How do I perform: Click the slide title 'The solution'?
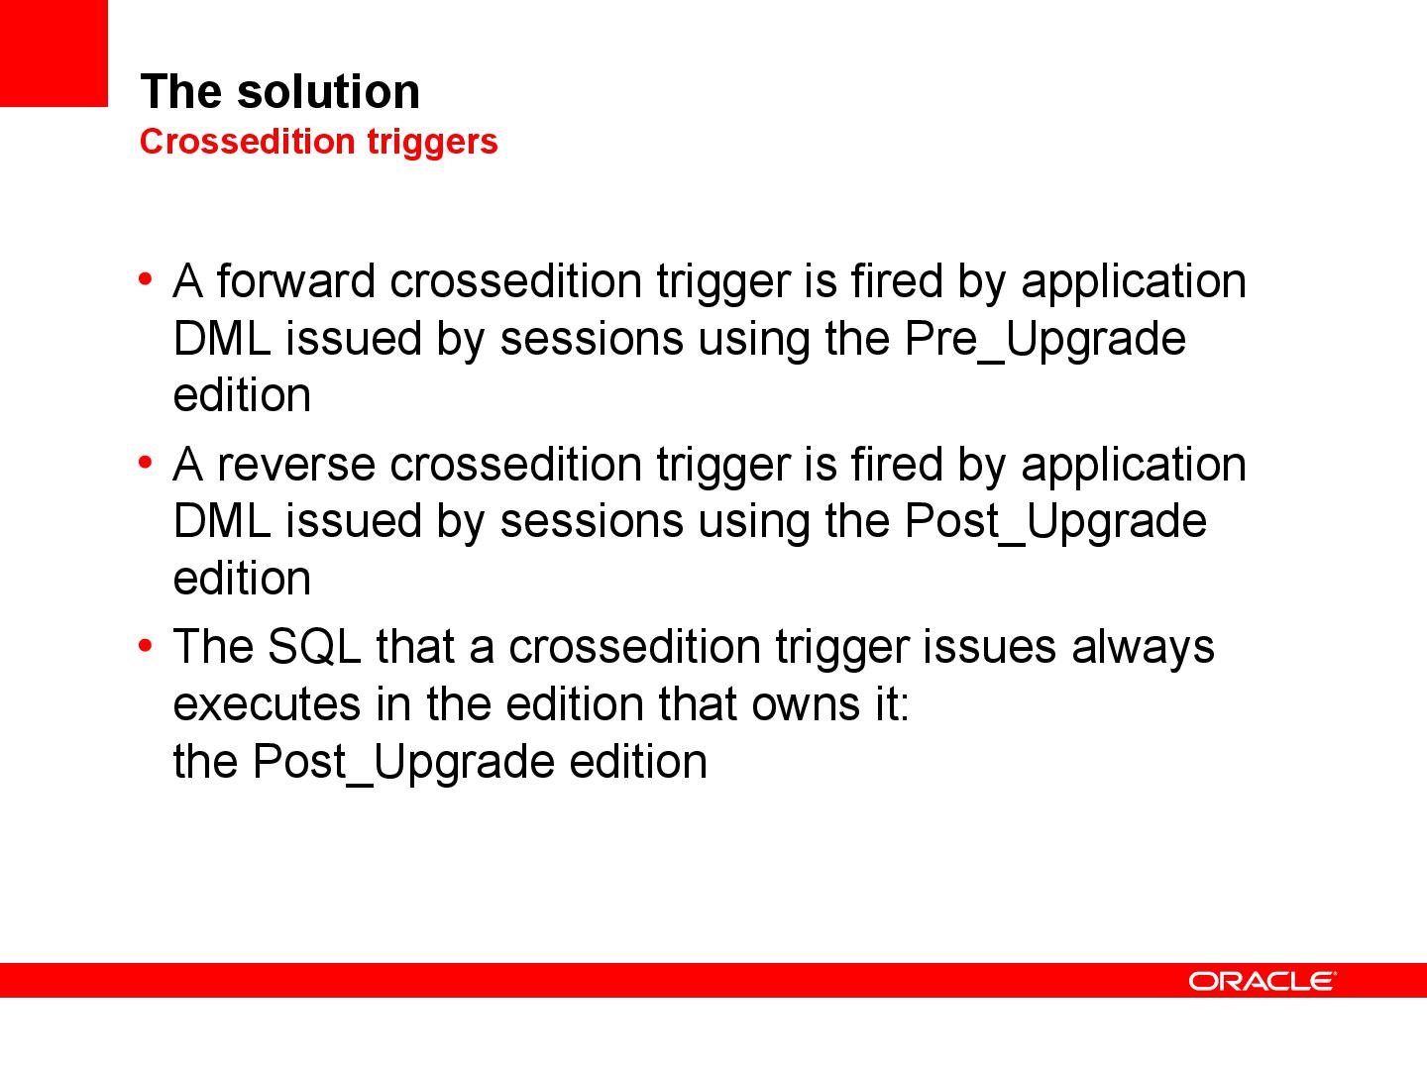(279, 91)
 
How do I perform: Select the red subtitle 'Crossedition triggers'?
(318, 142)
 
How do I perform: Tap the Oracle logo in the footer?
(1262, 981)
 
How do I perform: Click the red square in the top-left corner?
(53, 53)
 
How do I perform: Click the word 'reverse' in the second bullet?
(295, 465)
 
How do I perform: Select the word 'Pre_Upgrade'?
(1044, 339)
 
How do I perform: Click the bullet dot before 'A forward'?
(146, 279)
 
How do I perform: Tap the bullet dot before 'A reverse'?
(146, 463)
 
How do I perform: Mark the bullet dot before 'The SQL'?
(146, 646)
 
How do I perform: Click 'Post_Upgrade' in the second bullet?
(1055, 522)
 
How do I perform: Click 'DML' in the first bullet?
(221, 339)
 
